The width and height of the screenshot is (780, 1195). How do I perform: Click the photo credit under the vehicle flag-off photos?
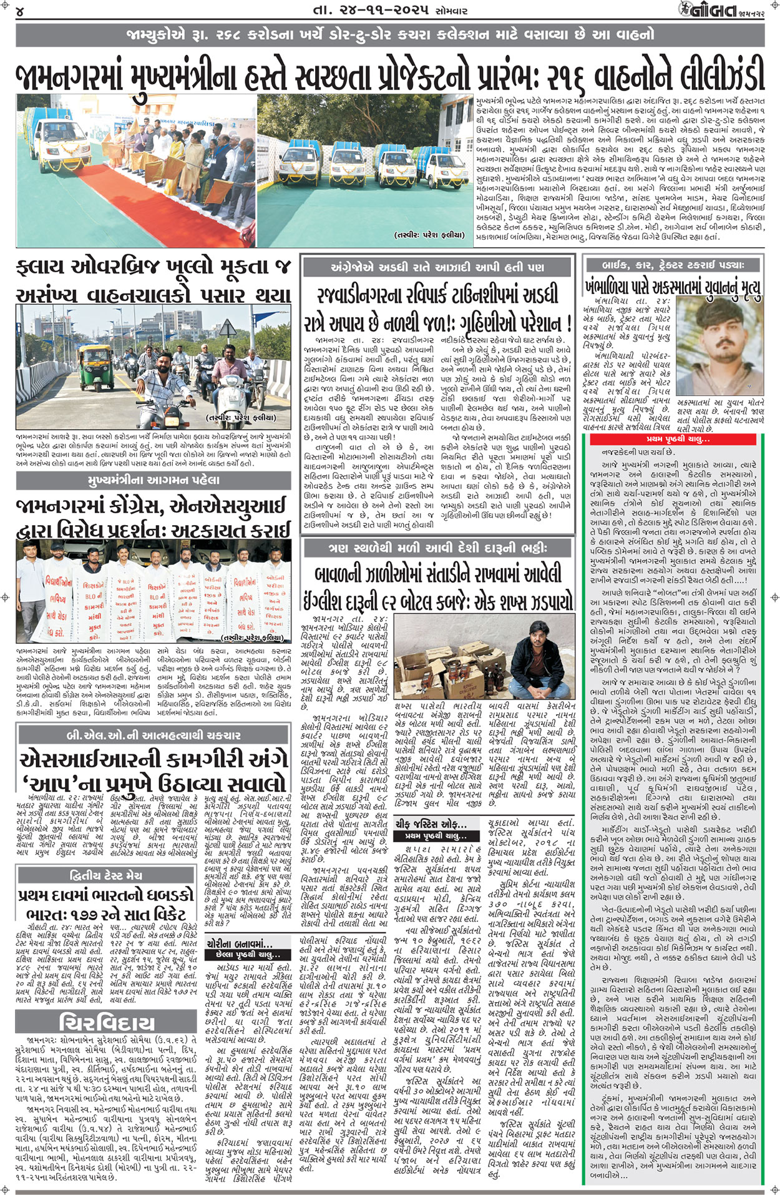coord(429,235)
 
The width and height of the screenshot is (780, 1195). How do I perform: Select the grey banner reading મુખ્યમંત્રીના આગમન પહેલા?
coord(154,480)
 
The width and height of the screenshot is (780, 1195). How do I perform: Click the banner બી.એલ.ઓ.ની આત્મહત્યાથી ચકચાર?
coord(154,735)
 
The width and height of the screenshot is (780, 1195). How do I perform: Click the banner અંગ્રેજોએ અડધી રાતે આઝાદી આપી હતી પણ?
coord(437,267)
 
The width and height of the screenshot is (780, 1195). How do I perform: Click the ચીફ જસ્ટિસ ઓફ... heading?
coord(435,824)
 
